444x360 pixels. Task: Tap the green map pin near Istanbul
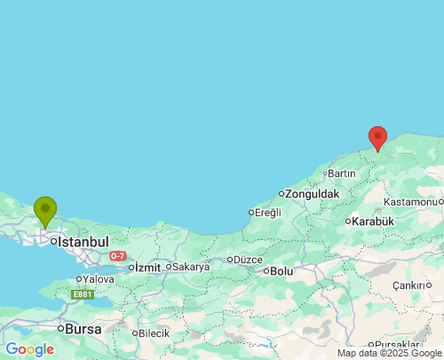point(44,211)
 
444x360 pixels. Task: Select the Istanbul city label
point(83,241)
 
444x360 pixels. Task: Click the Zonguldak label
point(312,193)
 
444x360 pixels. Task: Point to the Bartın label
point(341,172)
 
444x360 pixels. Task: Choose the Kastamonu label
point(411,202)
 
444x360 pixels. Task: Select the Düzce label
point(249,260)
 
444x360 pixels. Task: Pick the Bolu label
point(281,270)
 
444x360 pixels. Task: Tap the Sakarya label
point(190,267)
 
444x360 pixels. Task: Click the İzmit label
point(147,267)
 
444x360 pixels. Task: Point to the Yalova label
point(98,279)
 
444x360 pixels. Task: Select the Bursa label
point(82,328)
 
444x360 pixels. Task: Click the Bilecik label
point(154,333)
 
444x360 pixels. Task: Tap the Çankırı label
point(410,285)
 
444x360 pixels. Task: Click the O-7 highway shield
point(118,256)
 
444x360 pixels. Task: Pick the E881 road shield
point(82,294)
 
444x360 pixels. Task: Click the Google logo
point(29,349)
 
